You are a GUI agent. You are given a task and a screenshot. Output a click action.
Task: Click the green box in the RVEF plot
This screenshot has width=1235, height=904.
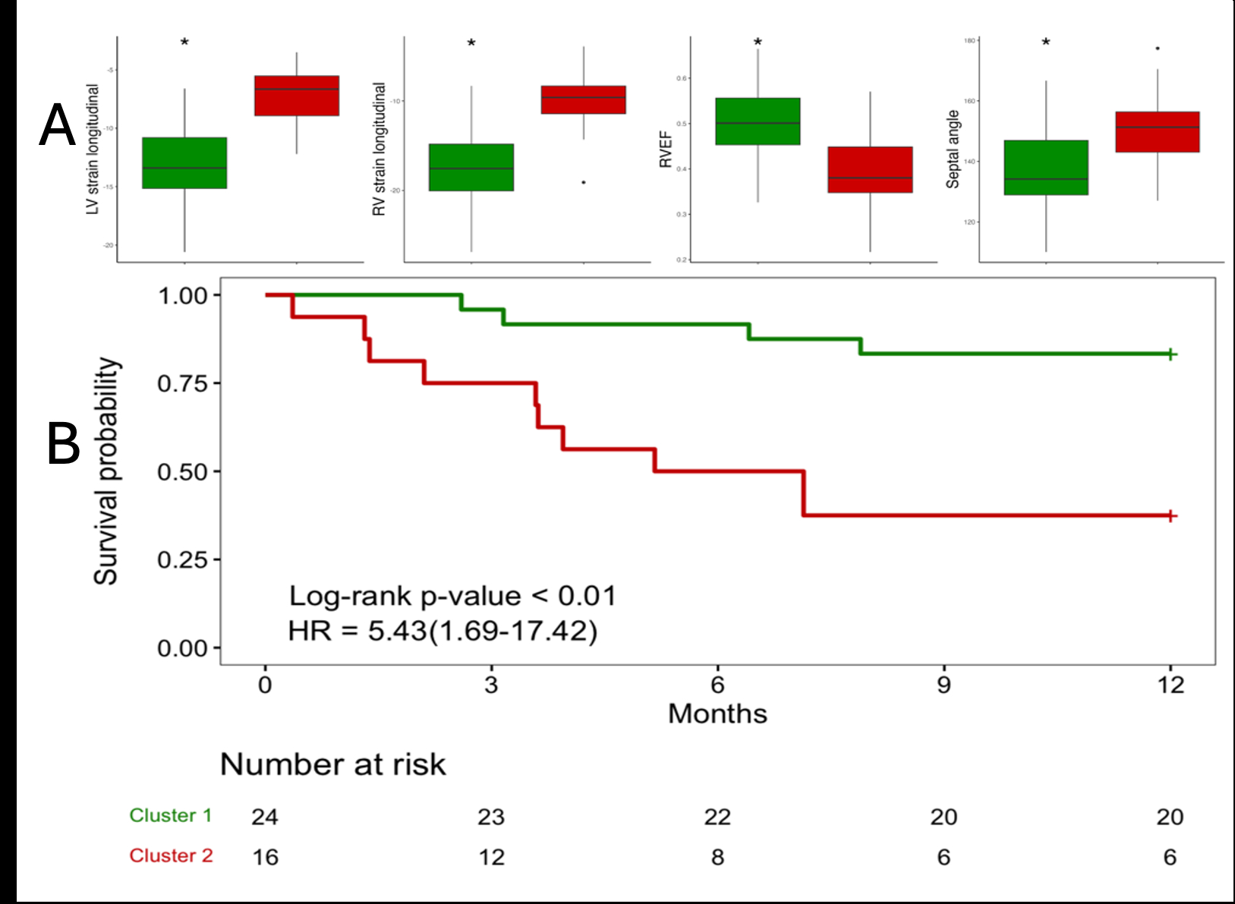click(x=758, y=121)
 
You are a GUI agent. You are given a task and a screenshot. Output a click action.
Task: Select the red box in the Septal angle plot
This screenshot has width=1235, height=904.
click(x=1158, y=132)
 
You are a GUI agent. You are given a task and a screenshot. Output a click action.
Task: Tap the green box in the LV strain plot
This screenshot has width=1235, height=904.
click(x=184, y=162)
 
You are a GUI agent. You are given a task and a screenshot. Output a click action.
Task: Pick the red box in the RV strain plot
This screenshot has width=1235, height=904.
click(x=583, y=99)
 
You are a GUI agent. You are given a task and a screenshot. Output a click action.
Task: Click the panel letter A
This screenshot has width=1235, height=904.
click(x=58, y=125)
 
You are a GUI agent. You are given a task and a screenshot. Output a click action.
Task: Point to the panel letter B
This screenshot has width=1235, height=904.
click(x=63, y=444)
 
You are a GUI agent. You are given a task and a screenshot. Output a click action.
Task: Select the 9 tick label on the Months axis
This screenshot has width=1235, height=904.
click(x=944, y=685)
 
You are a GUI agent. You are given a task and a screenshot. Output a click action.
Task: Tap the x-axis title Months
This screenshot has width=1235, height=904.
click(x=717, y=714)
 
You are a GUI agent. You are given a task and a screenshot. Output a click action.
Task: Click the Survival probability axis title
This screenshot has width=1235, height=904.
click(x=106, y=471)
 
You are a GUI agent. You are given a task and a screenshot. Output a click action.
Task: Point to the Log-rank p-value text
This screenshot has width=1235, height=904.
click(x=452, y=596)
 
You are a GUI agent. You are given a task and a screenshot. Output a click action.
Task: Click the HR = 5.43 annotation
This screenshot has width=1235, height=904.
click(x=443, y=631)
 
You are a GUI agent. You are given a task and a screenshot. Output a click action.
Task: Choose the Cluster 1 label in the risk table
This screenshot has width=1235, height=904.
click(x=171, y=815)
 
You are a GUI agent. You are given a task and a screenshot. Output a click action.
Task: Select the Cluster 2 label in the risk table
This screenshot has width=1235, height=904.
click(x=171, y=855)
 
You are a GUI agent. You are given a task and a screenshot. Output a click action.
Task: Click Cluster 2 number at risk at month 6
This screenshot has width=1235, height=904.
click(x=717, y=857)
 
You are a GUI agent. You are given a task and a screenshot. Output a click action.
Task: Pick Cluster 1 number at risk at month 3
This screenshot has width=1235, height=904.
click(x=491, y=817)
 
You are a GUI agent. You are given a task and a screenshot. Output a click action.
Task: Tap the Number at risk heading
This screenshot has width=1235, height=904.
click(x=332, y=764)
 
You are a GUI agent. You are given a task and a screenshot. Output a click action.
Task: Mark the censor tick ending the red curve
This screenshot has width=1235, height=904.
click(x=1171, y=516)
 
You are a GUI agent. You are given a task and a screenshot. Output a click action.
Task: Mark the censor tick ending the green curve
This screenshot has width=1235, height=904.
click(x=1171, y=354)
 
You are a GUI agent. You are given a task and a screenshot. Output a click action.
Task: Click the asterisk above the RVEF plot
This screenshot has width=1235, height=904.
click(x=758, y=43)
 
